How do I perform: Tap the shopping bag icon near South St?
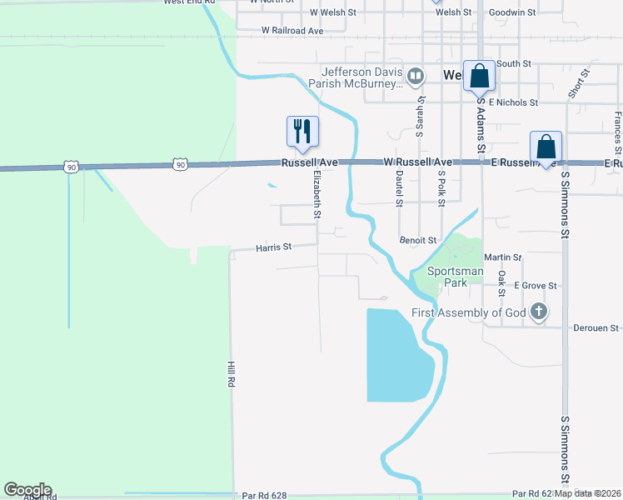[x=479, y=76]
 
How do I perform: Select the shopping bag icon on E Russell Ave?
[x=546, y=146]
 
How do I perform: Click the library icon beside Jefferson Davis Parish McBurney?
[x=416, y=77]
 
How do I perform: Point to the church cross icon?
[x=539, y=312]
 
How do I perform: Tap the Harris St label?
[x=273, y=247]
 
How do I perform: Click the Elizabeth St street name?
[x=317, y=196]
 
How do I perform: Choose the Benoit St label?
[x=418, y=240]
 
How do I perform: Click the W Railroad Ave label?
[x=292, y=30]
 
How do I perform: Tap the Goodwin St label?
[x=512, y=12]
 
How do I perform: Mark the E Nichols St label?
[x=513, y=102]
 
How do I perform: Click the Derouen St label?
[x=596, y=328]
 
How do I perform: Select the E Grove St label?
[x=535, y=285]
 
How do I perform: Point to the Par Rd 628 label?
[x=264, y=495]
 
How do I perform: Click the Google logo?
[x=27, y=490]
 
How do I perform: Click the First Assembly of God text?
[x=469, y=312]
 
